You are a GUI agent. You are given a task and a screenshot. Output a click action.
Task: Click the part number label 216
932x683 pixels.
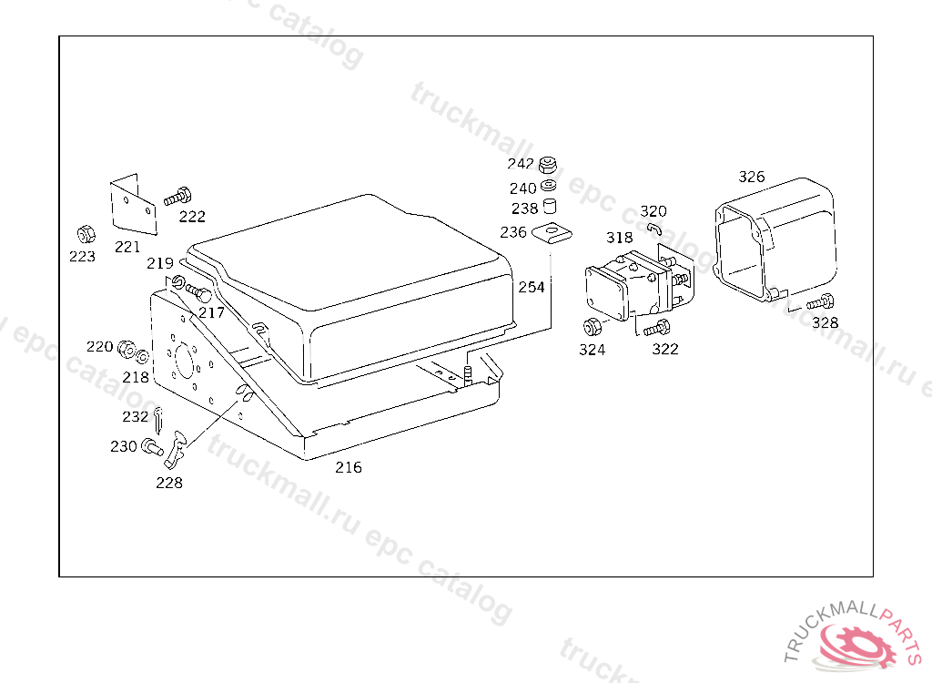[348, 467]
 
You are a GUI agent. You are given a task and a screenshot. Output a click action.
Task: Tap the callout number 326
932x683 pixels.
[752, 177]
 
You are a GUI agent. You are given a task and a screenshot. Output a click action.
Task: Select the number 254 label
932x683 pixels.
[532, 287]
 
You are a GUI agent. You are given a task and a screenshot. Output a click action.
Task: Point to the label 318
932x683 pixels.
[620, 238]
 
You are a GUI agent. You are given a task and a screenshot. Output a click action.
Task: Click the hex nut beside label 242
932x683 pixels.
[548, 165]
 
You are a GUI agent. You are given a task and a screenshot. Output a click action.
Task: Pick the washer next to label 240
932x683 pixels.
[549, 188]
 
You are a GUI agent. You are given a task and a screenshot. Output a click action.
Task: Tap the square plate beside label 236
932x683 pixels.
[550, 234]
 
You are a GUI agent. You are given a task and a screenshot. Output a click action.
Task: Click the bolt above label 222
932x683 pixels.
[177, 196]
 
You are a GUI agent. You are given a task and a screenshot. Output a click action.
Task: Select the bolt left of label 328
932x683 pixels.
[821, 301]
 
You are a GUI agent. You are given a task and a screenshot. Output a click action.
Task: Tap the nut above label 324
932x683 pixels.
[590, 326]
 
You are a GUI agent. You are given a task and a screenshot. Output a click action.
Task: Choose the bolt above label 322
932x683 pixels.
[657, 328]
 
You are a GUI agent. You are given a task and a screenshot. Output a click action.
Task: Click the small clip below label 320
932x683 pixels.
[654, 227]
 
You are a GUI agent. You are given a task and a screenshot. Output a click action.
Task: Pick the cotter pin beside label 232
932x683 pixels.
[159, 419]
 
